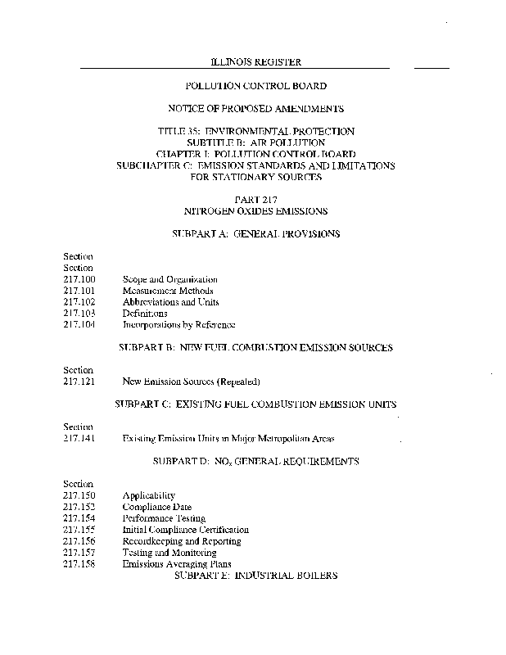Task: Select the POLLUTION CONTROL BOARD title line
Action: pyautogui.click(x=256, y=85)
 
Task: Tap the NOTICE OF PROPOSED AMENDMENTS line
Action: pyautogui.click(x=255, y=108)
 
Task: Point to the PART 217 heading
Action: pyautogui.click(x=256, y=199)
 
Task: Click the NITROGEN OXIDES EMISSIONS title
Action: pyautogui.click(x=256, y=210)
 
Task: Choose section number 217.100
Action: pyautogui.click(x=79, y=279)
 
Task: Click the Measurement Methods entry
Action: pyautogui.click(x=168, y=291)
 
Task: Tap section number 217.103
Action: pyautogui.click(x=79, y=314)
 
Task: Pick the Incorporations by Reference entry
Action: pyautogui.click(x=178, y=325)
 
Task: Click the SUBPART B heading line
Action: pyautogui.click(x=255, y=347)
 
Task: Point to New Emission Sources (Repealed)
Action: pyautogui.click(x=191, y=382)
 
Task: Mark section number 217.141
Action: pyautogui.click(x=79, y=438)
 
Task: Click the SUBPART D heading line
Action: pyautogui.click(x=255, y=461)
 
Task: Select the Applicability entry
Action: pyautogui.click(x=148, y=495)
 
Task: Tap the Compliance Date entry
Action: pyautogui.click(x=156, y=507)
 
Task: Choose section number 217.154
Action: pyautogui.click(x=79, y=518)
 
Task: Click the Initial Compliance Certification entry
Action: pyautogui.click(x=185, y=530)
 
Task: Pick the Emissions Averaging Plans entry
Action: pyautogui.click(x=177, y=564)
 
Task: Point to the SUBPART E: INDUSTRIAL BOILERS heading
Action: pyautogui.click(x=256, y=576)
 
